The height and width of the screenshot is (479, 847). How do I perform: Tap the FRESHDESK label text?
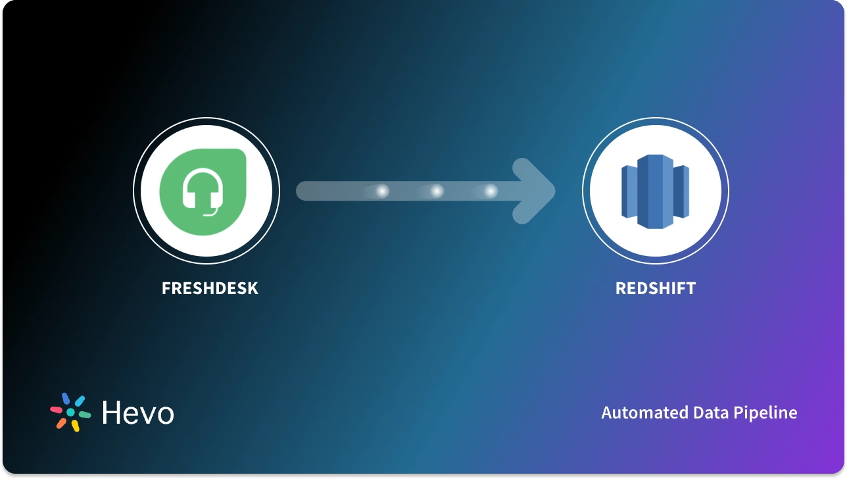point(210,288)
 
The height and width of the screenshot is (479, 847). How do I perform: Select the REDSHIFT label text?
point(655,288)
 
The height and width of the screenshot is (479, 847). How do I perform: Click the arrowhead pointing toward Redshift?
point(535,191)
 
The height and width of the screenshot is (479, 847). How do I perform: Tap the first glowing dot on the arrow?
point(382,191)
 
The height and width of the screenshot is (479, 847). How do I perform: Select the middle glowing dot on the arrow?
point(437,191)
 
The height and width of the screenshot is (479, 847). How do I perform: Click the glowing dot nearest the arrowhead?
point(491,191)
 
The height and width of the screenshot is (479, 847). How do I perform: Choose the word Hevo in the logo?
point(138,413)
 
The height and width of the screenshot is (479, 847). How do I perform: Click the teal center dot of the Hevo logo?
point(70,412)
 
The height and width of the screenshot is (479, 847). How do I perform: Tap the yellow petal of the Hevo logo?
point(76,426)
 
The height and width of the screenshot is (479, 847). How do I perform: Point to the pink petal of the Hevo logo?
point(57,409)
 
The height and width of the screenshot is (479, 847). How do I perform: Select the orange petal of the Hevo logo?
point(61,423)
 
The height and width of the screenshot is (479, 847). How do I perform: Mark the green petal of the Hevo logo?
point(84,415)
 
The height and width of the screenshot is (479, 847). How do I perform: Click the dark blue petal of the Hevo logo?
point(66,399)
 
